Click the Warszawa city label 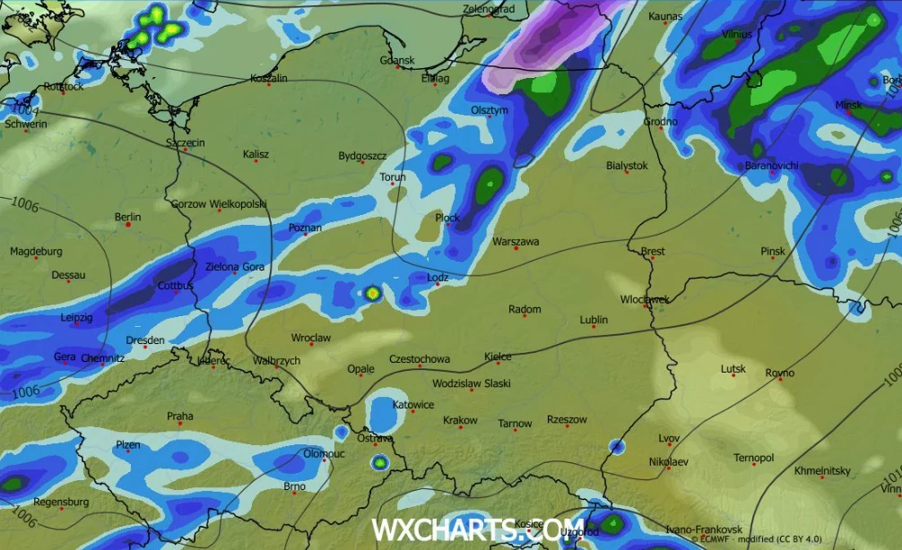pyautogui.click(x=516, y=242)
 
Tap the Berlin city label pyautogui.click(x=128, y=218)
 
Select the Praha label pyautogui.click(x=179, y=417)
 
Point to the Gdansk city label pyautogui.click(x=397, y=61)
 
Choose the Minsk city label pyautogui.click(x=848, y=105)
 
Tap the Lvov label pyautogui.click(x=669, y=438)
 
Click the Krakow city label pyautogui.click(x=460, y=420)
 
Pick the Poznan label pyautogui.click(x=305, y=228)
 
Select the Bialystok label pyautogui.click(x=627, y=166)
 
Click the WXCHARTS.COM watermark pyautogui.click(x=478, y=529)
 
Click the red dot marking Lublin pyautogui.click(x=593, y=328)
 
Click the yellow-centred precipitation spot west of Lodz pyautogui.click(x=372, y=292)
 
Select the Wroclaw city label pyautogui.click(x=311, y=339)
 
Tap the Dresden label pyautogui.click(x=145, y=340)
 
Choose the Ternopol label pyautogui.click(x=753, y=459)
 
